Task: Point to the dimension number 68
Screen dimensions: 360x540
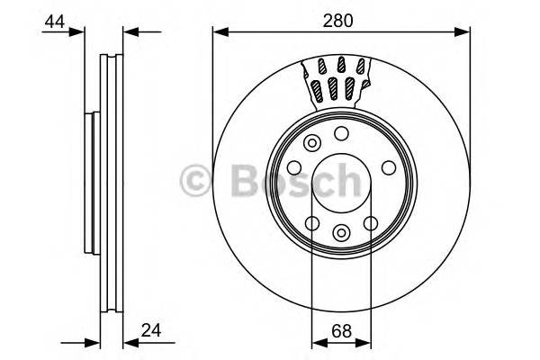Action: (341, 329)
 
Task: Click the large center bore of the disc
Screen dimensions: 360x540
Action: (341, 184)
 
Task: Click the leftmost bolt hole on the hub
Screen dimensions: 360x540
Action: (293, 168)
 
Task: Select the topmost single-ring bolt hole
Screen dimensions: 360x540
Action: (341, 134)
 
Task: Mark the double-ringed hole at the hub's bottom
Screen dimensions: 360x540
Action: (340, 233)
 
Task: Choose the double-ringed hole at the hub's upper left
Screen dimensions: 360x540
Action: (312, 142)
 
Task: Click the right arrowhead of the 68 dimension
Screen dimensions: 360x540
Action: (366, 342)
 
